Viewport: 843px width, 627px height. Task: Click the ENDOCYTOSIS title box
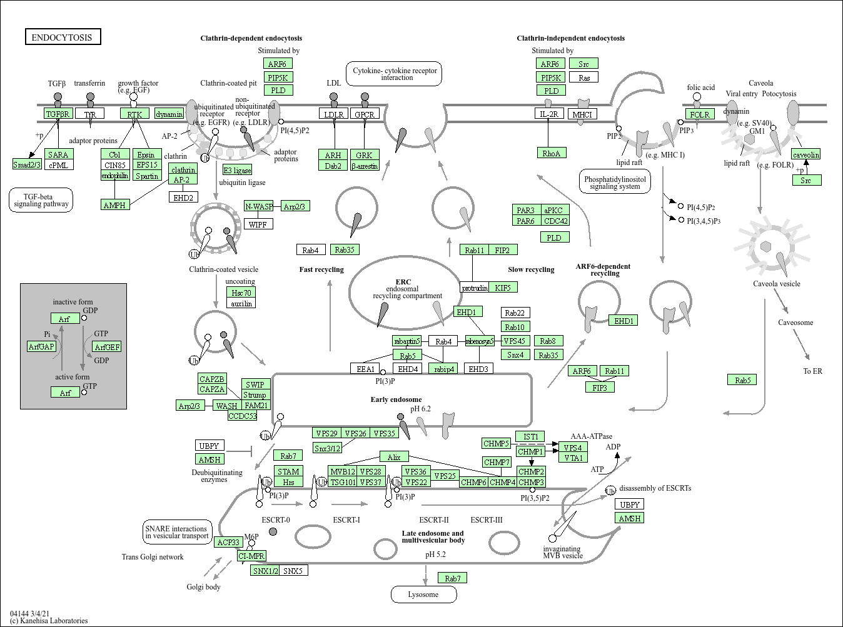click(x=62, y=37)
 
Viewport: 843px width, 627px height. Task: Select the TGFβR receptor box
click(x=58, y=114)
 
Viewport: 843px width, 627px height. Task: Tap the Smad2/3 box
click(x=27, y=164)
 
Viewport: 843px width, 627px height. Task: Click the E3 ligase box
click(x=238, y=170)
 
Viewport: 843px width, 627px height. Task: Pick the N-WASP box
click(x=259, y=206)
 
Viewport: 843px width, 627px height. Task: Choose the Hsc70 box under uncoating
click(x=241, y=293)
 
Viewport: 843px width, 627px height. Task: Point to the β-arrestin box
click(x=364, y=166)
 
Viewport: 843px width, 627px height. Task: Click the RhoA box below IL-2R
click(x=551, y=153)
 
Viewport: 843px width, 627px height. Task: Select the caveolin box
click(x=805, y=154)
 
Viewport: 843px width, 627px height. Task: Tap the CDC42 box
click(x=555, y=221)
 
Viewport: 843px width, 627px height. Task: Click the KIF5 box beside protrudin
click(x=503, y=288)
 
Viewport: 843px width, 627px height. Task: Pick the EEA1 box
click(x=365, y=369)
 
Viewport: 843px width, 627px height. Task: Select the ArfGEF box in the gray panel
click(x=107, y=347)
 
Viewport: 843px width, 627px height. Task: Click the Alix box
click(x=394, y=457)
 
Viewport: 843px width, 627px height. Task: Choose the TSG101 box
click(x=343, y=482)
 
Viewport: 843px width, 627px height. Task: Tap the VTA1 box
click(x=573, y=458)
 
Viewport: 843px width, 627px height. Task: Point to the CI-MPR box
click(x=252, y=556)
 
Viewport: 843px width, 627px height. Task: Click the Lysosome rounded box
click(x=423, y=594)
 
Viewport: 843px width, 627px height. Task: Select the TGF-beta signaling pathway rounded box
click(x=41, y=200)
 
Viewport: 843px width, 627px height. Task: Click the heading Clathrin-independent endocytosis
click(x=570, y=38)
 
